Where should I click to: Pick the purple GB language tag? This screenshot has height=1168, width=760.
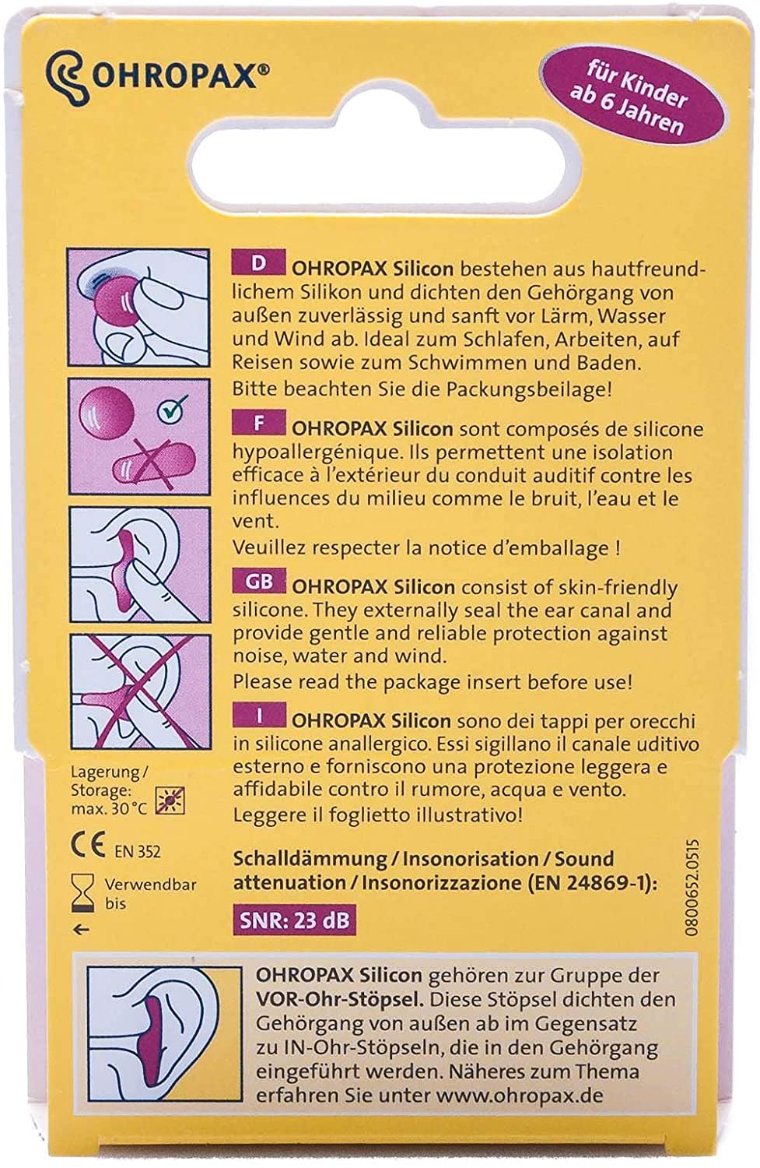click(x=258, y=582)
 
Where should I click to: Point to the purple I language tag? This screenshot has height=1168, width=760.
click(x=258, y=716)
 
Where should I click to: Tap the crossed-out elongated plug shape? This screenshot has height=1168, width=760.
click(x=154, y=462)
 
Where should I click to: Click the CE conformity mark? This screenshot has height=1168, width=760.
click(x=88, y=846)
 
